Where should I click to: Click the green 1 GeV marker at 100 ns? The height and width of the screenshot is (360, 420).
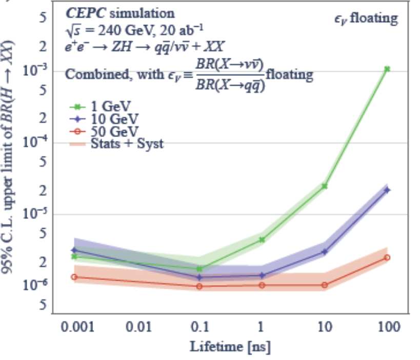point(387,69)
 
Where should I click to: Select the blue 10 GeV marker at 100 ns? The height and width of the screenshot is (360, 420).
point(387,190)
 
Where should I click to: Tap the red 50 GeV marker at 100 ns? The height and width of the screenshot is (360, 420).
point(387,257)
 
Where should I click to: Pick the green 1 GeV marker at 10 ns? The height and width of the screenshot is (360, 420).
point(325,186)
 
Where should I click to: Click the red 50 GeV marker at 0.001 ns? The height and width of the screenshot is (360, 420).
point(74,277)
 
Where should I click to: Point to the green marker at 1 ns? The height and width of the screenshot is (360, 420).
point(262,239)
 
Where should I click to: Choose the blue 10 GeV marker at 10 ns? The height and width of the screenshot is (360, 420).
point(325,252)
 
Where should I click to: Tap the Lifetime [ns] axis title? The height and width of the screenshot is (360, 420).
point(230,347)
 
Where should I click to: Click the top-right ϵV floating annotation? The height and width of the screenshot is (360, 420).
point(365,19)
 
